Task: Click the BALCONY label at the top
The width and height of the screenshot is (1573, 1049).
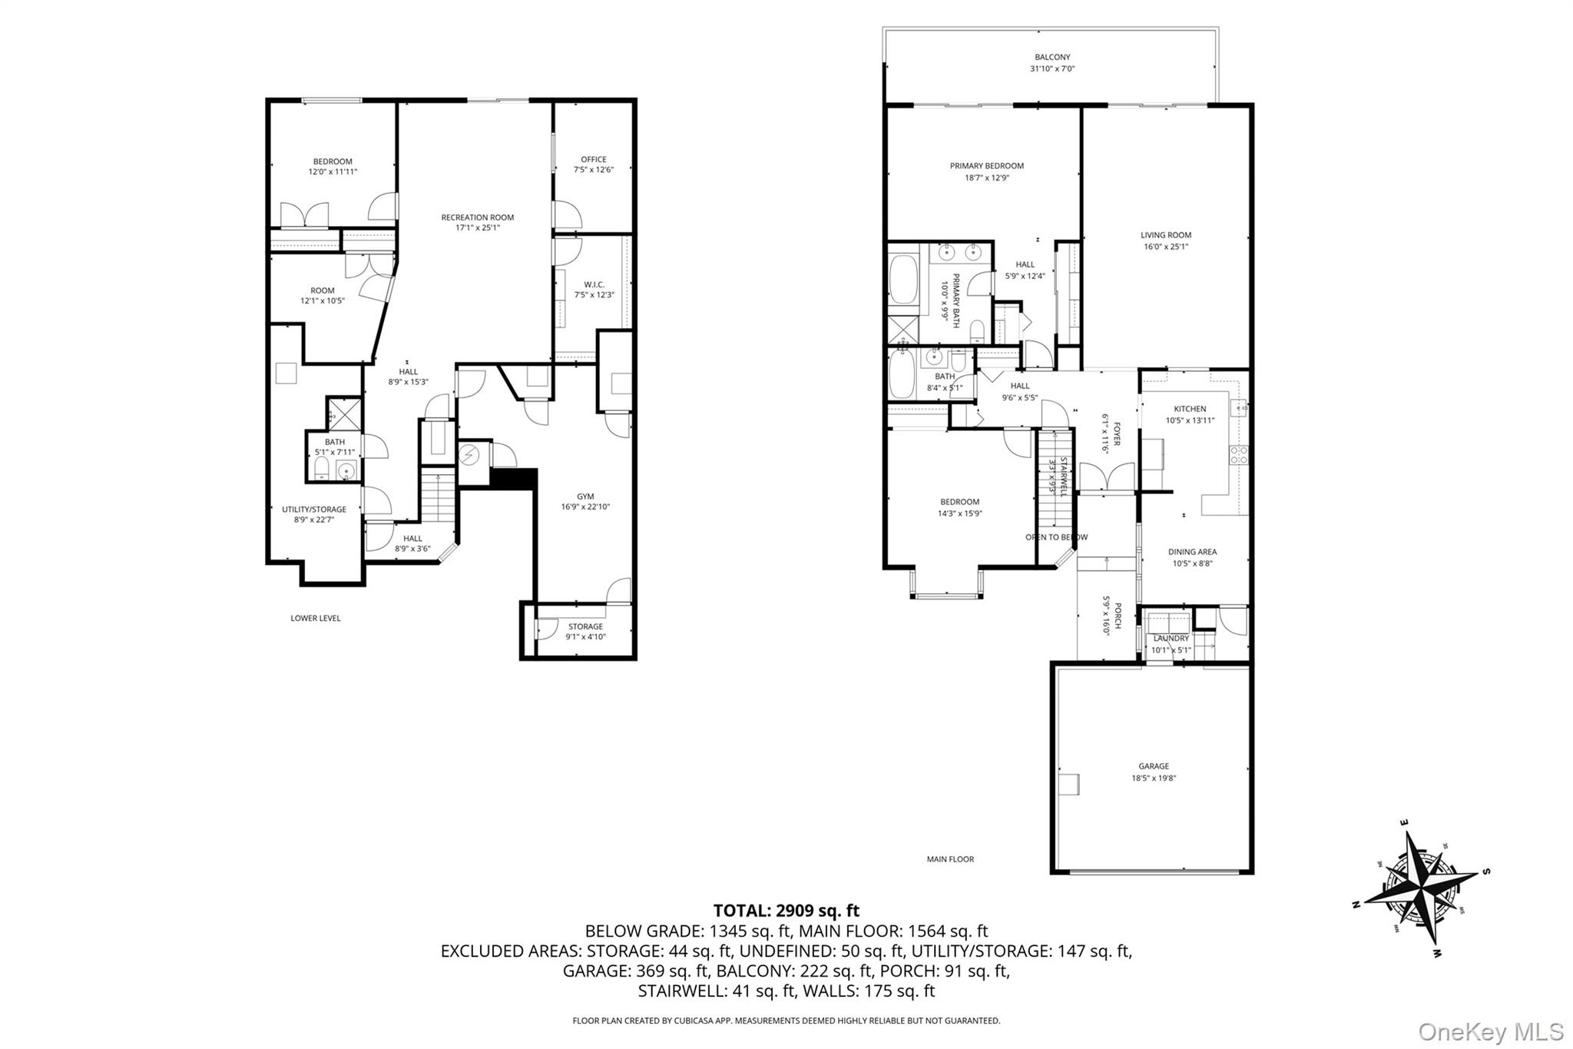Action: coord(1051,57)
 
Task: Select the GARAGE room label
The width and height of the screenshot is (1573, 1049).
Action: coord(1153,766)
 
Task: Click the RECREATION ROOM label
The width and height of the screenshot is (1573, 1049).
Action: coord(477,217)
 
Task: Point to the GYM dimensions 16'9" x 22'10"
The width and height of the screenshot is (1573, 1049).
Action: coord(584,507)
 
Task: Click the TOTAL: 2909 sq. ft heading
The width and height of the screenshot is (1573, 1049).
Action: coord(786,911)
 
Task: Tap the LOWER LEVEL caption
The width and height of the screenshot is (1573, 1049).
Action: coord(315,618)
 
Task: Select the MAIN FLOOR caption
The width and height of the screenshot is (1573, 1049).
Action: coord(949,859)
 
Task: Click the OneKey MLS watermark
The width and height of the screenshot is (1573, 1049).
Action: coord(1490,1031)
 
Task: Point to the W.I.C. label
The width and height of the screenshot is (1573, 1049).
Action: coord(594,284)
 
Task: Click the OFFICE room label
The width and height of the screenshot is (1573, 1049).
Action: coord(593,160)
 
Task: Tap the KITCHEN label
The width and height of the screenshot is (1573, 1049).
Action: coord(1190,409)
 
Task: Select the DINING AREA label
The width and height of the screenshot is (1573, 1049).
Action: coord(1192,552)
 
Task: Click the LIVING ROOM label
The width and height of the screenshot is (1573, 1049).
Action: coord(1165,235)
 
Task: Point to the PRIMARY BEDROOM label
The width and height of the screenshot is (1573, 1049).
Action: coord(986,166)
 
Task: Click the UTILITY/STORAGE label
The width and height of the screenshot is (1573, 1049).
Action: coord(313,510)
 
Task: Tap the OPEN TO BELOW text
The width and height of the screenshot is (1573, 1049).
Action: coord(1056,537)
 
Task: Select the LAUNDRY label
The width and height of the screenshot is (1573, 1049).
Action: coord(1171,639)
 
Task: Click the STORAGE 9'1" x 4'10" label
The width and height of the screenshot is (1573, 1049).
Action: coord(584,626)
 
